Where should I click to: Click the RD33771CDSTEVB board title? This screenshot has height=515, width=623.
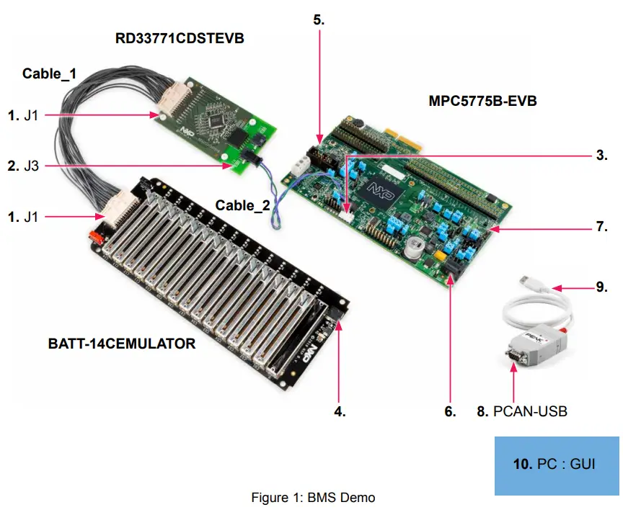[180, 38]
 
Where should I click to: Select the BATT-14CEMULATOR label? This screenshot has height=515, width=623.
[121, 344]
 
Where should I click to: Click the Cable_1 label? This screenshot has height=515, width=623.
[49, 73]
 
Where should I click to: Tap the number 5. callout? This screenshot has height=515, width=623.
[319, 20]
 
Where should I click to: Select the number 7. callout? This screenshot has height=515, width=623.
[601, 226]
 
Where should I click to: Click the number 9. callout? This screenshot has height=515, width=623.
[601, 287]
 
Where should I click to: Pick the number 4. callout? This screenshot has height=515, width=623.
[339, 412]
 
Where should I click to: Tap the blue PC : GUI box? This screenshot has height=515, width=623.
[556, 465]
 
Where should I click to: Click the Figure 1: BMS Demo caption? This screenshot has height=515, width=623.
[313, 497]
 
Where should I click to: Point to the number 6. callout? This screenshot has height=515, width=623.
[450, 412]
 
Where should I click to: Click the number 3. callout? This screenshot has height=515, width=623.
[601, 154]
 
